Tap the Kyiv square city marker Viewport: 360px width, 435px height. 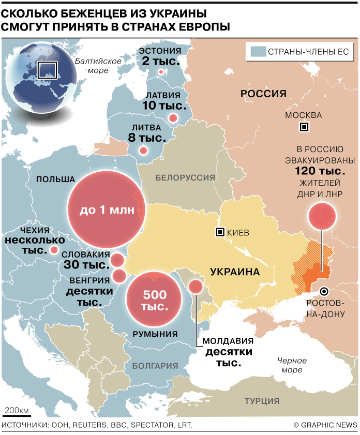[x=220, y=233]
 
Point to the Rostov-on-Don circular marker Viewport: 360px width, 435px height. [x=324, y=291]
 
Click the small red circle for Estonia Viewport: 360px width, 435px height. [x=161, y=72]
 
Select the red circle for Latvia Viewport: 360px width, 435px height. [x=173, y=118]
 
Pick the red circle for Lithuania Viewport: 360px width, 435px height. [x=143, y=151]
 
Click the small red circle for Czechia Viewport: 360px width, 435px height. [x=54, y=250]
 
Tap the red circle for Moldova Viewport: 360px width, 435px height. [x=196, y=287]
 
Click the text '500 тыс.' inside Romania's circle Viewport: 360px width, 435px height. [x=154, y=301]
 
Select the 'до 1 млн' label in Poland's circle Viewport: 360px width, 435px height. [x=107, y=211]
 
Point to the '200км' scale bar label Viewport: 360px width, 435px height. [x=17, y=410]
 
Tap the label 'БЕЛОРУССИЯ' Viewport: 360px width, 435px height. [x=185, y=177]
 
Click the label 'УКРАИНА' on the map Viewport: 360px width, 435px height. [x=234, y=272]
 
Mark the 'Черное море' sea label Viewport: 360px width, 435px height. [x=292, y=365]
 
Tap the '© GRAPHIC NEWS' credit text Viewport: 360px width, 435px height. [x=325, y=425]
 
